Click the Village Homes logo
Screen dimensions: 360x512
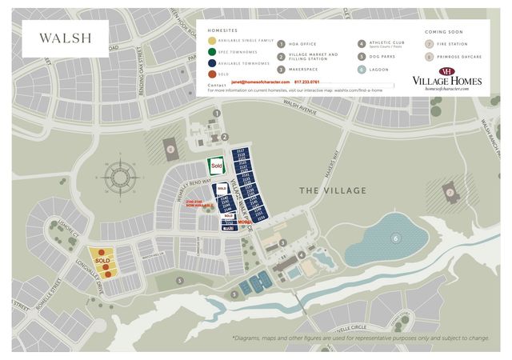[446, 80]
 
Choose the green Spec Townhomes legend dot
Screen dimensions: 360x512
[211, 52]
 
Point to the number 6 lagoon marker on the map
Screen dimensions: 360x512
[394, 238]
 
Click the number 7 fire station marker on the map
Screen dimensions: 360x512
[451, 193]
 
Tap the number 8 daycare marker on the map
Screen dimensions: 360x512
[170, 148]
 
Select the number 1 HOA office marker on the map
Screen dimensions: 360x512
[216, 114]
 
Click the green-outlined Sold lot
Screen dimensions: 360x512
[215, 166]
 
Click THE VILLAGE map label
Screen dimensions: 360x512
[333, 190]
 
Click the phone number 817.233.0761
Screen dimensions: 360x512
[306, 82]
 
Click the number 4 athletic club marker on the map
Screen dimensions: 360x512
[301, 255]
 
